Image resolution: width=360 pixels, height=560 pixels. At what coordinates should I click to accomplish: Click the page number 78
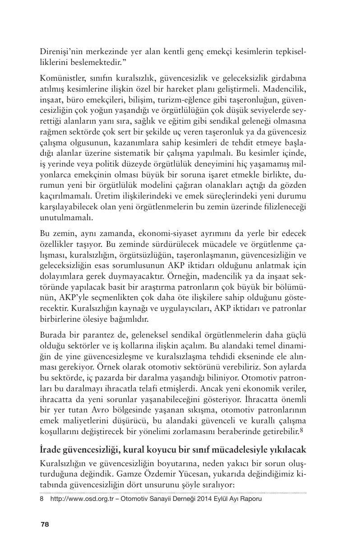click(45, 524)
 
